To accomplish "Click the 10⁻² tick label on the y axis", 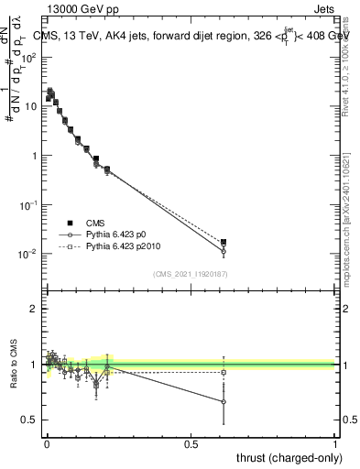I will [x=27, y=254].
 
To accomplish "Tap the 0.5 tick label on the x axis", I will [x=191, y=444].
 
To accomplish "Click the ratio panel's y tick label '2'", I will [x=33, y=309].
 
